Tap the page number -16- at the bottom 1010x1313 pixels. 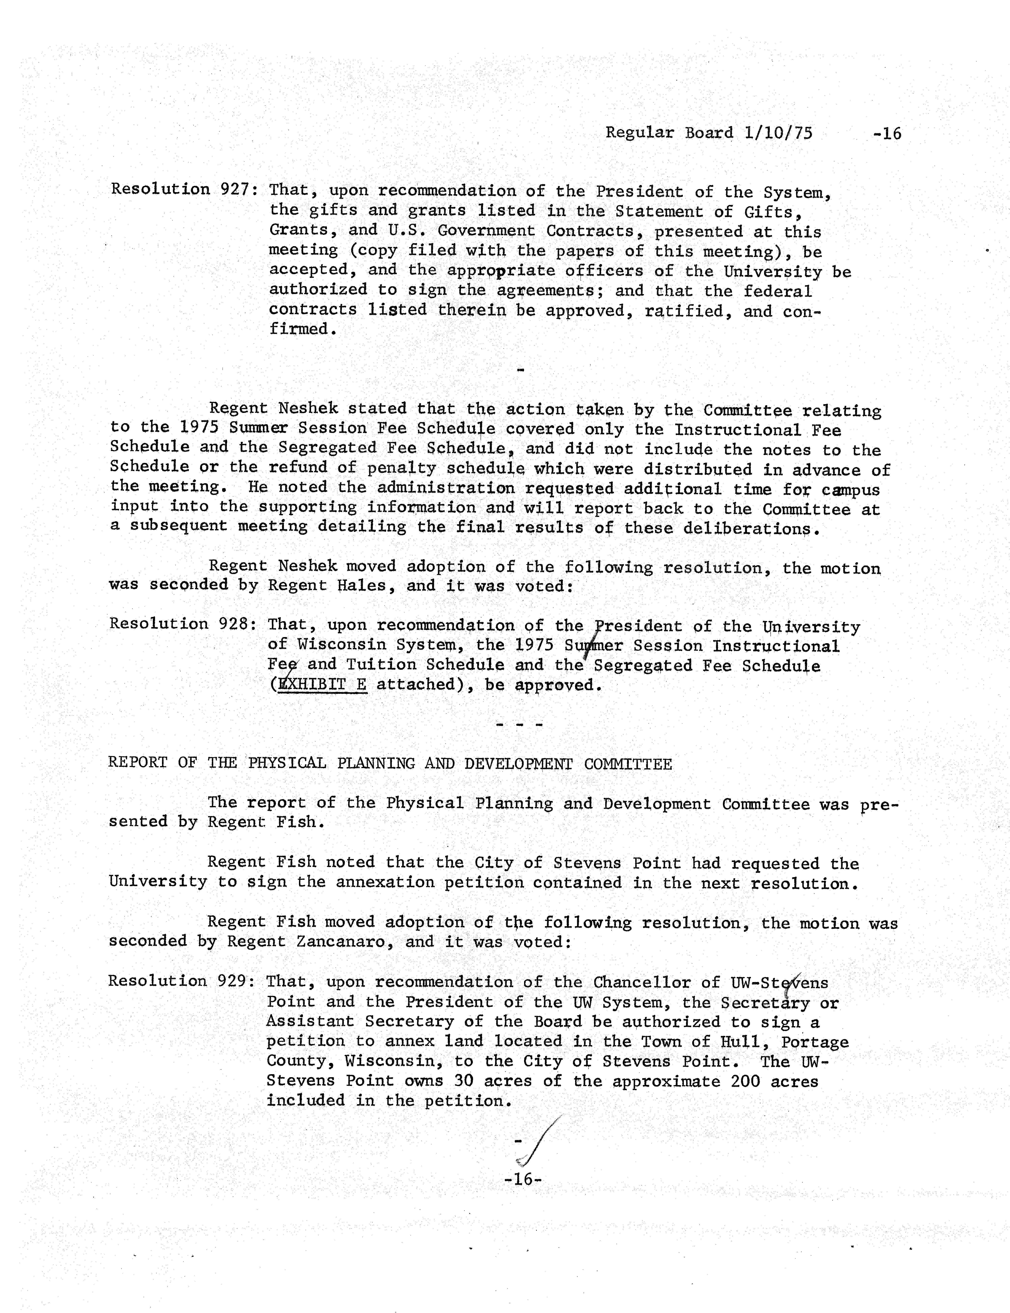click(x=523, y=1179)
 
